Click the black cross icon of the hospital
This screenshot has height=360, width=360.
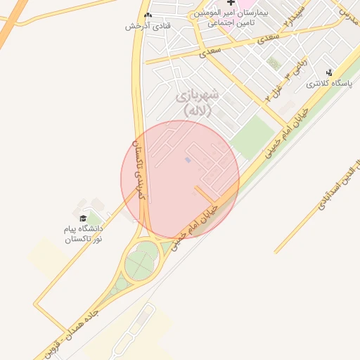[x=231, y=4]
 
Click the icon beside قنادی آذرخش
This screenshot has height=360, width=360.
[x=148, y=15]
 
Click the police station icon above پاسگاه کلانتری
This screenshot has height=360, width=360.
[x=329, y=72]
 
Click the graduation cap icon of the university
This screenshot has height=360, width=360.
[x=83, y=218]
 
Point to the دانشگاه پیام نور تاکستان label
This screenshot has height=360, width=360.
[x=84, y=234]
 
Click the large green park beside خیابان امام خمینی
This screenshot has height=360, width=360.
[x=252, y=136]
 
